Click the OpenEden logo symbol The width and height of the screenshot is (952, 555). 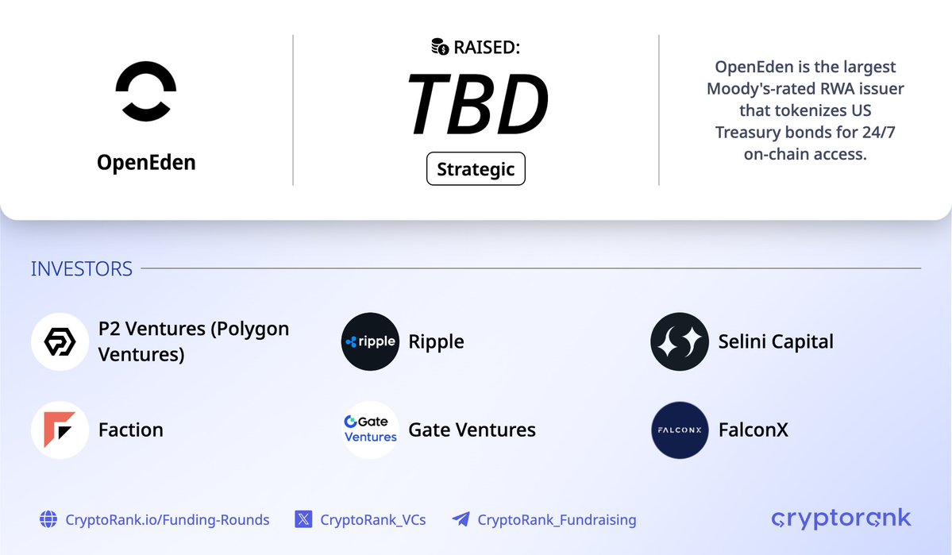tap(146, 92)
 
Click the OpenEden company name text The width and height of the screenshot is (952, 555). tap(146, 163)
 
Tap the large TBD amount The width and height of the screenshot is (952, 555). tap(476, 105)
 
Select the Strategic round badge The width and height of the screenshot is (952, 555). tap(476, 169)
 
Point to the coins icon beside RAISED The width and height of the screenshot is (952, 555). tap(440, 48)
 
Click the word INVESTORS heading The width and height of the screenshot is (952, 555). tap(82, 269)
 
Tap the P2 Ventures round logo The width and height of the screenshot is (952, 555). tap(60, 341)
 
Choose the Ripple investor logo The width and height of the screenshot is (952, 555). tap(370, 341)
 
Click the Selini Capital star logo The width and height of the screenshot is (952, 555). tap(679, 341)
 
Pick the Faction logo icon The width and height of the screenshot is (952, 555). tap(60, 430)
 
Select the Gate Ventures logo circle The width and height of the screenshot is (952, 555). tap(370, 430)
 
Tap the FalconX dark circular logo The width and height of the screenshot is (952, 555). tap(679, 430)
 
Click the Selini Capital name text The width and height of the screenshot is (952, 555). tap(776, 342)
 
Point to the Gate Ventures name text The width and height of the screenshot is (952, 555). tap(472, 430)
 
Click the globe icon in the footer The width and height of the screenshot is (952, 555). tap(48, 520)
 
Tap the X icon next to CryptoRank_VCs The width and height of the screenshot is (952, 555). tap(303, 520)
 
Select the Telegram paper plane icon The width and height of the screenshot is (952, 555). tap(461, 520)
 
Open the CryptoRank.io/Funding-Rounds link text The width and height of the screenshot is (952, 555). tap(168, 520)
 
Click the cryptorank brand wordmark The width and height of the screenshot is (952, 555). tap(841, 519)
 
